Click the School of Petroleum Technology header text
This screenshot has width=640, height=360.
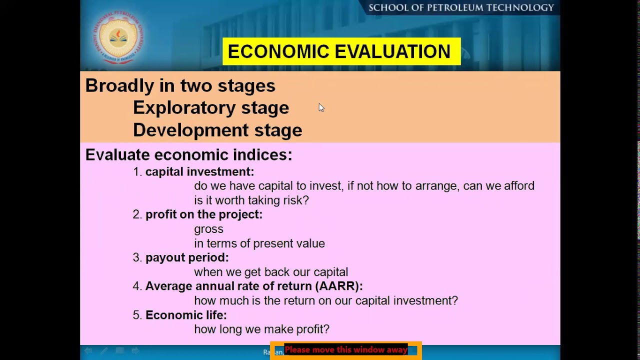point(461,7)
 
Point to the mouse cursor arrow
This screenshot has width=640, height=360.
point(321,107)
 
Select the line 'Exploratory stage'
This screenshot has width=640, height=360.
point(210,108)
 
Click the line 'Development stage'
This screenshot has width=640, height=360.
point(217,130)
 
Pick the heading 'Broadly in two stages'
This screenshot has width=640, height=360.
point(180,85)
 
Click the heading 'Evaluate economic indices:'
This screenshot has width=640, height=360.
point(188,155)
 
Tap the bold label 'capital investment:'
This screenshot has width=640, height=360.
point(199,171)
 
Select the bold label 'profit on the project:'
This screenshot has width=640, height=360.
point(203,214)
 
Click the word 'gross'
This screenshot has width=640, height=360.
point(208,229)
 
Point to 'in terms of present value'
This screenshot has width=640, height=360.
point(259,243)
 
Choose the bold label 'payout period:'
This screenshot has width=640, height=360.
point(186,257)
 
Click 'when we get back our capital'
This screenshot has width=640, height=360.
point(270,272)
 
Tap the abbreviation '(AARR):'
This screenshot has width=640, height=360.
point(339,286)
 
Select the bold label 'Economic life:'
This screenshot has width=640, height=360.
point(186,315)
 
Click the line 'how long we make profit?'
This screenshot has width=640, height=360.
point(261,329)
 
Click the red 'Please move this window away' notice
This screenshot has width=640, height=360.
point(345,350)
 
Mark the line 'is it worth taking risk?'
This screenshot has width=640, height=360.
point(251,200)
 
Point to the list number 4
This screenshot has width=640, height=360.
point(136,286)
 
